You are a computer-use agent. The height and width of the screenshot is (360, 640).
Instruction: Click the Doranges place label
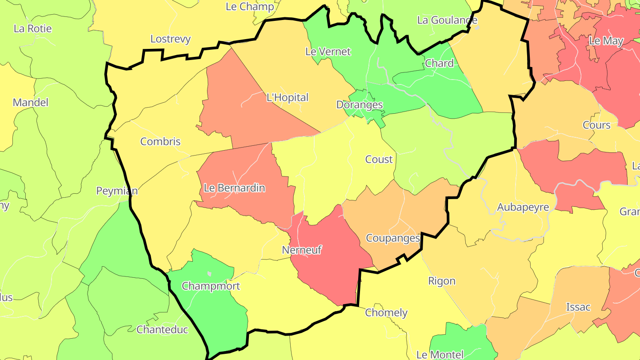click(x=360, y=105)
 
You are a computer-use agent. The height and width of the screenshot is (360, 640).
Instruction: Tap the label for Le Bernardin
click(x=234, y=188)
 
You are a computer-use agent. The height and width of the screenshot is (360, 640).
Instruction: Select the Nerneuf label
click(x=302, y=250)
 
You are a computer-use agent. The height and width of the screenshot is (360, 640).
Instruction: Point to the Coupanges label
click(x=393, y=238)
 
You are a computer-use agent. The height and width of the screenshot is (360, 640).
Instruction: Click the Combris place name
click(x=160, y=142)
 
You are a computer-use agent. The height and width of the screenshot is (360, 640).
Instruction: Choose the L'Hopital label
click(x=287, y=98)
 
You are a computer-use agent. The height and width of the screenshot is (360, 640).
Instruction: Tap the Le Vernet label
click(x=328, y=52)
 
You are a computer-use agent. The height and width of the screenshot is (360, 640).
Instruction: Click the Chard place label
click(x=440, y=63)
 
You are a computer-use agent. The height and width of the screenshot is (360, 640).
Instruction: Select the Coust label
click(x=379, y=160)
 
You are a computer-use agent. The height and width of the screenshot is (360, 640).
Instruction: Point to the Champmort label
click(x=211, y=286)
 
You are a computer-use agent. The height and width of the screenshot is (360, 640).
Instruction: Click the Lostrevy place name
click(x=170, y=39)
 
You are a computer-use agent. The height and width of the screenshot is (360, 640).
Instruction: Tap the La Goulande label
click(x=447, y=20)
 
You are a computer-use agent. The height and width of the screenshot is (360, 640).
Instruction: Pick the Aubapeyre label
click(x=523, y=208)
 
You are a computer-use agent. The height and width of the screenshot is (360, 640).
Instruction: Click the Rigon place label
click(x=442, y=281)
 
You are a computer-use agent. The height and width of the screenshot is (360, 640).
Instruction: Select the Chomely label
click(x=386, y=313)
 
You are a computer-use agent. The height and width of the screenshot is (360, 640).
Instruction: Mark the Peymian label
click(x=117, y=191)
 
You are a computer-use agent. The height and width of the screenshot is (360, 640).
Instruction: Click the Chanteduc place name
click(x=162, y=330)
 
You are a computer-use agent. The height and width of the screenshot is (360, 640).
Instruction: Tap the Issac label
click(x=578, y=307)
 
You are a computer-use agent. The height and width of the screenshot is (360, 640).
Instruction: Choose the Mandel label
click(x=30, y=103)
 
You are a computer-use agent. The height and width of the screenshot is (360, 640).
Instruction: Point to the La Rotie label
click(x=33, y=29)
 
